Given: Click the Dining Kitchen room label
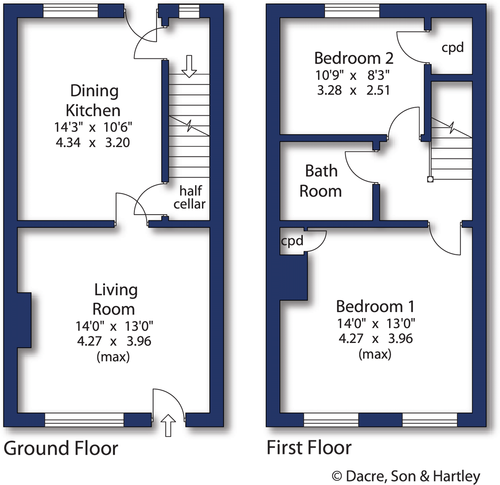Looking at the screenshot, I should tap(93, 101).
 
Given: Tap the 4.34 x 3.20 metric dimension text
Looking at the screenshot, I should tap(93, 142).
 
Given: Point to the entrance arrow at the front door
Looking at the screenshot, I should tap(168, 425).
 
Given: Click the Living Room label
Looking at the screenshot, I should tap(115, 299).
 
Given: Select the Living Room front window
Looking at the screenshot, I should tap(84, 420).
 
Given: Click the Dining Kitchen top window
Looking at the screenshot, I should tap(70, 11).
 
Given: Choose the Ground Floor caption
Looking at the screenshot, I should tap(61, 448).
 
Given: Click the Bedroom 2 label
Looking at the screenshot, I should tap(354, 58).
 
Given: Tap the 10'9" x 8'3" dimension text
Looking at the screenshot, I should tap(353, 75).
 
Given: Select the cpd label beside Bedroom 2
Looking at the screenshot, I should tap(452, 47).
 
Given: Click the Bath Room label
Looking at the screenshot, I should tap(321, 181).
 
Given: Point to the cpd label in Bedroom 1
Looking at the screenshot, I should tap(292, 241).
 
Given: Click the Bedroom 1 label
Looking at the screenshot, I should tap(375, 306).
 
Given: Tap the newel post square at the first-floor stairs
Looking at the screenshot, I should tap(430, 179).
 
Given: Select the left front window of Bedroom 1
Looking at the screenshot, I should tap(331, 420).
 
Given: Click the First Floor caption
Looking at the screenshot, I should tap(309, 448).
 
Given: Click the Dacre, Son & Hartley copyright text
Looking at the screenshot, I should tap(406, 476).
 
